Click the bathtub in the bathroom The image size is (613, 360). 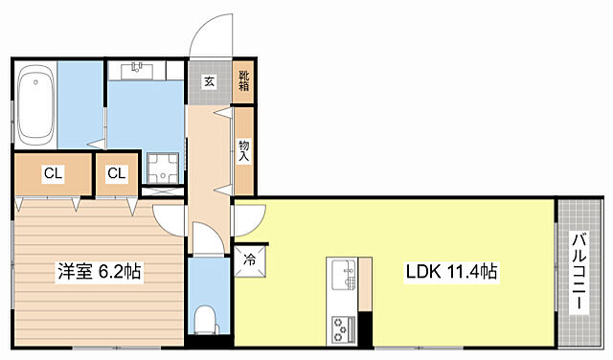[35, 104]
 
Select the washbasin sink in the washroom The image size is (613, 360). [136, 71]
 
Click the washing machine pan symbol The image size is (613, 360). [163, 169]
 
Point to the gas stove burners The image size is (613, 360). [339, 329]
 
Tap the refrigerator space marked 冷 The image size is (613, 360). [250, 260]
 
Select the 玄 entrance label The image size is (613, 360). [210, 81]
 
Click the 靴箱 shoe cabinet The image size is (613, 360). [243, 81]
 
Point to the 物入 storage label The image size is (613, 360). [244, 151]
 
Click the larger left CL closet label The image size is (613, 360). [54, 173]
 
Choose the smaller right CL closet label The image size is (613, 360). [117, 173]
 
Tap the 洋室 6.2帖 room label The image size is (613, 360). [100, 271]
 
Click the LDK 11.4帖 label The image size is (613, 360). [451, 271]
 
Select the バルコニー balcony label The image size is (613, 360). [579, 273]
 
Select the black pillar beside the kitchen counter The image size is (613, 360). [366, 329]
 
